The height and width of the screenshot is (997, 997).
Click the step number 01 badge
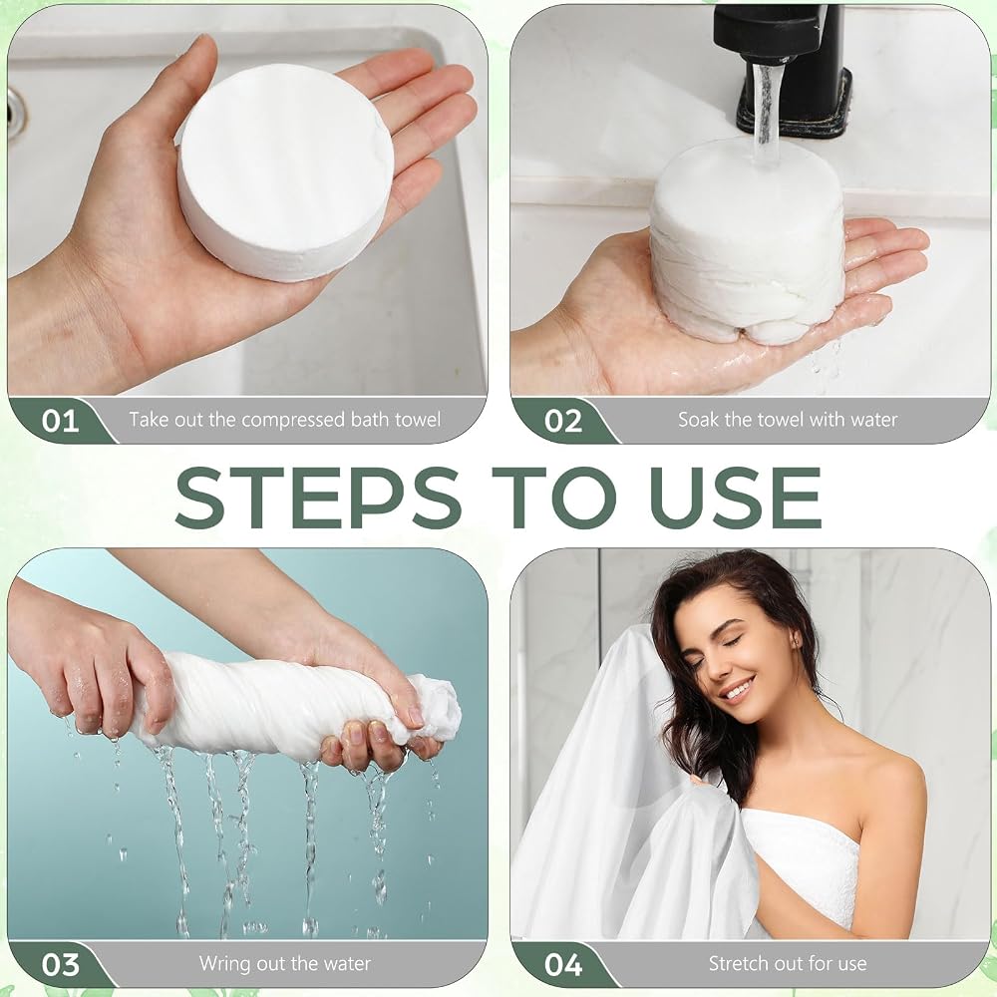tap(61, 421)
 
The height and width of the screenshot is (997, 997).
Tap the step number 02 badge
tap(563, 421)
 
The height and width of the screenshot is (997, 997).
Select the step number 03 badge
tap(61, 964)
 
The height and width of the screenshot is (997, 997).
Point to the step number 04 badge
tap(563, 964)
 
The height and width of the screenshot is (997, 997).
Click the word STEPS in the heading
tap(318, 497)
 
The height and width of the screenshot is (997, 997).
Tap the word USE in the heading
tap(735, 497)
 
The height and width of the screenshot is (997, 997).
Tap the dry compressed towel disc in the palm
tap(283, 166)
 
